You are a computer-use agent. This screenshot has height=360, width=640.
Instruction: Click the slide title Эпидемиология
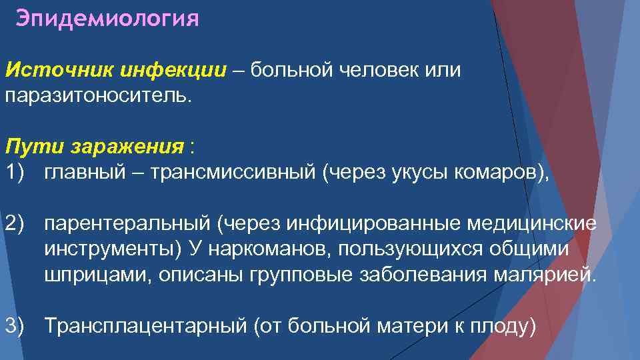107,18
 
